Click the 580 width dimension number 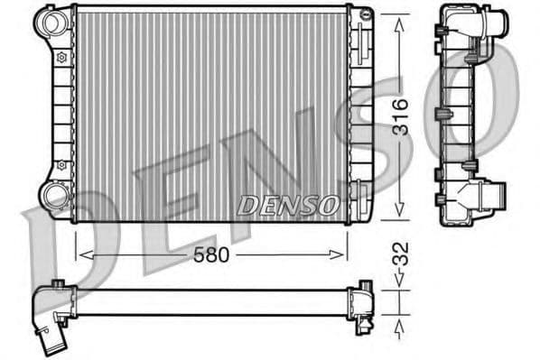[x=209, y=255]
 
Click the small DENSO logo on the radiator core [x=288, y=205]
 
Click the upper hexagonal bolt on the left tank [x=61, y=57]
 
